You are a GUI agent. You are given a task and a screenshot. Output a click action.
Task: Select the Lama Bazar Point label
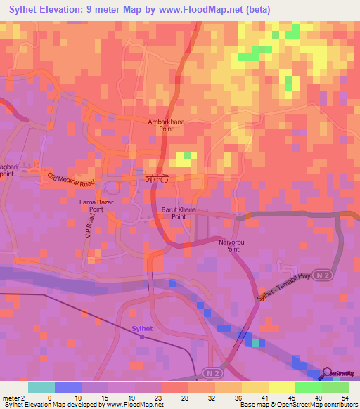click(92, 205)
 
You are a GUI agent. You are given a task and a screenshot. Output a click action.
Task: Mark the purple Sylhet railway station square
click(141, 337)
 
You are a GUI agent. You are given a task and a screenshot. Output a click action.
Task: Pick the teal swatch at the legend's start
click(41, 387)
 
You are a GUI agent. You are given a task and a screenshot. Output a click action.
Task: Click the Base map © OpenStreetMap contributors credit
click(297, 405)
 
